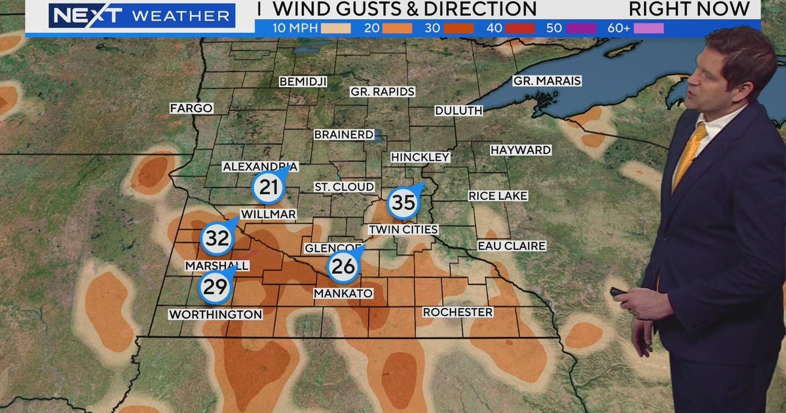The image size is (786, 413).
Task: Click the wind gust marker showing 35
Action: (403, 203)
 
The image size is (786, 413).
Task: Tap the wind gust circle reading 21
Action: (269, 187)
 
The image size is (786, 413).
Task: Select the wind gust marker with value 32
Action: (217, 238)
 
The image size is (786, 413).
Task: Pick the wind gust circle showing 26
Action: (343, 265)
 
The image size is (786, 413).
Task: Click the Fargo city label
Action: (191, 108)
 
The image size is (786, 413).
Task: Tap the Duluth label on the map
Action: (458, 111)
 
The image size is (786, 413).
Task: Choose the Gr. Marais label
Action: (547, 81)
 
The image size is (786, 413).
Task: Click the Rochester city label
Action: (458, 312)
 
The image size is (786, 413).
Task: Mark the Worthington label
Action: (215, 315)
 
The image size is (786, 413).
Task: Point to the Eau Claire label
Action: (512, 246)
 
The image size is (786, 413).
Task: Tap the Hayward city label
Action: (521, 150)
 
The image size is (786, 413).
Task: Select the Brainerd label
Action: (344, 134)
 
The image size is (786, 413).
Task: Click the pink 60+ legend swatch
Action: (648, 28)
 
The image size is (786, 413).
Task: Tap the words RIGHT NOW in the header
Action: (689, 9)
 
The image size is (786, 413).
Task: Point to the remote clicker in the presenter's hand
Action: (619, 292)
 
